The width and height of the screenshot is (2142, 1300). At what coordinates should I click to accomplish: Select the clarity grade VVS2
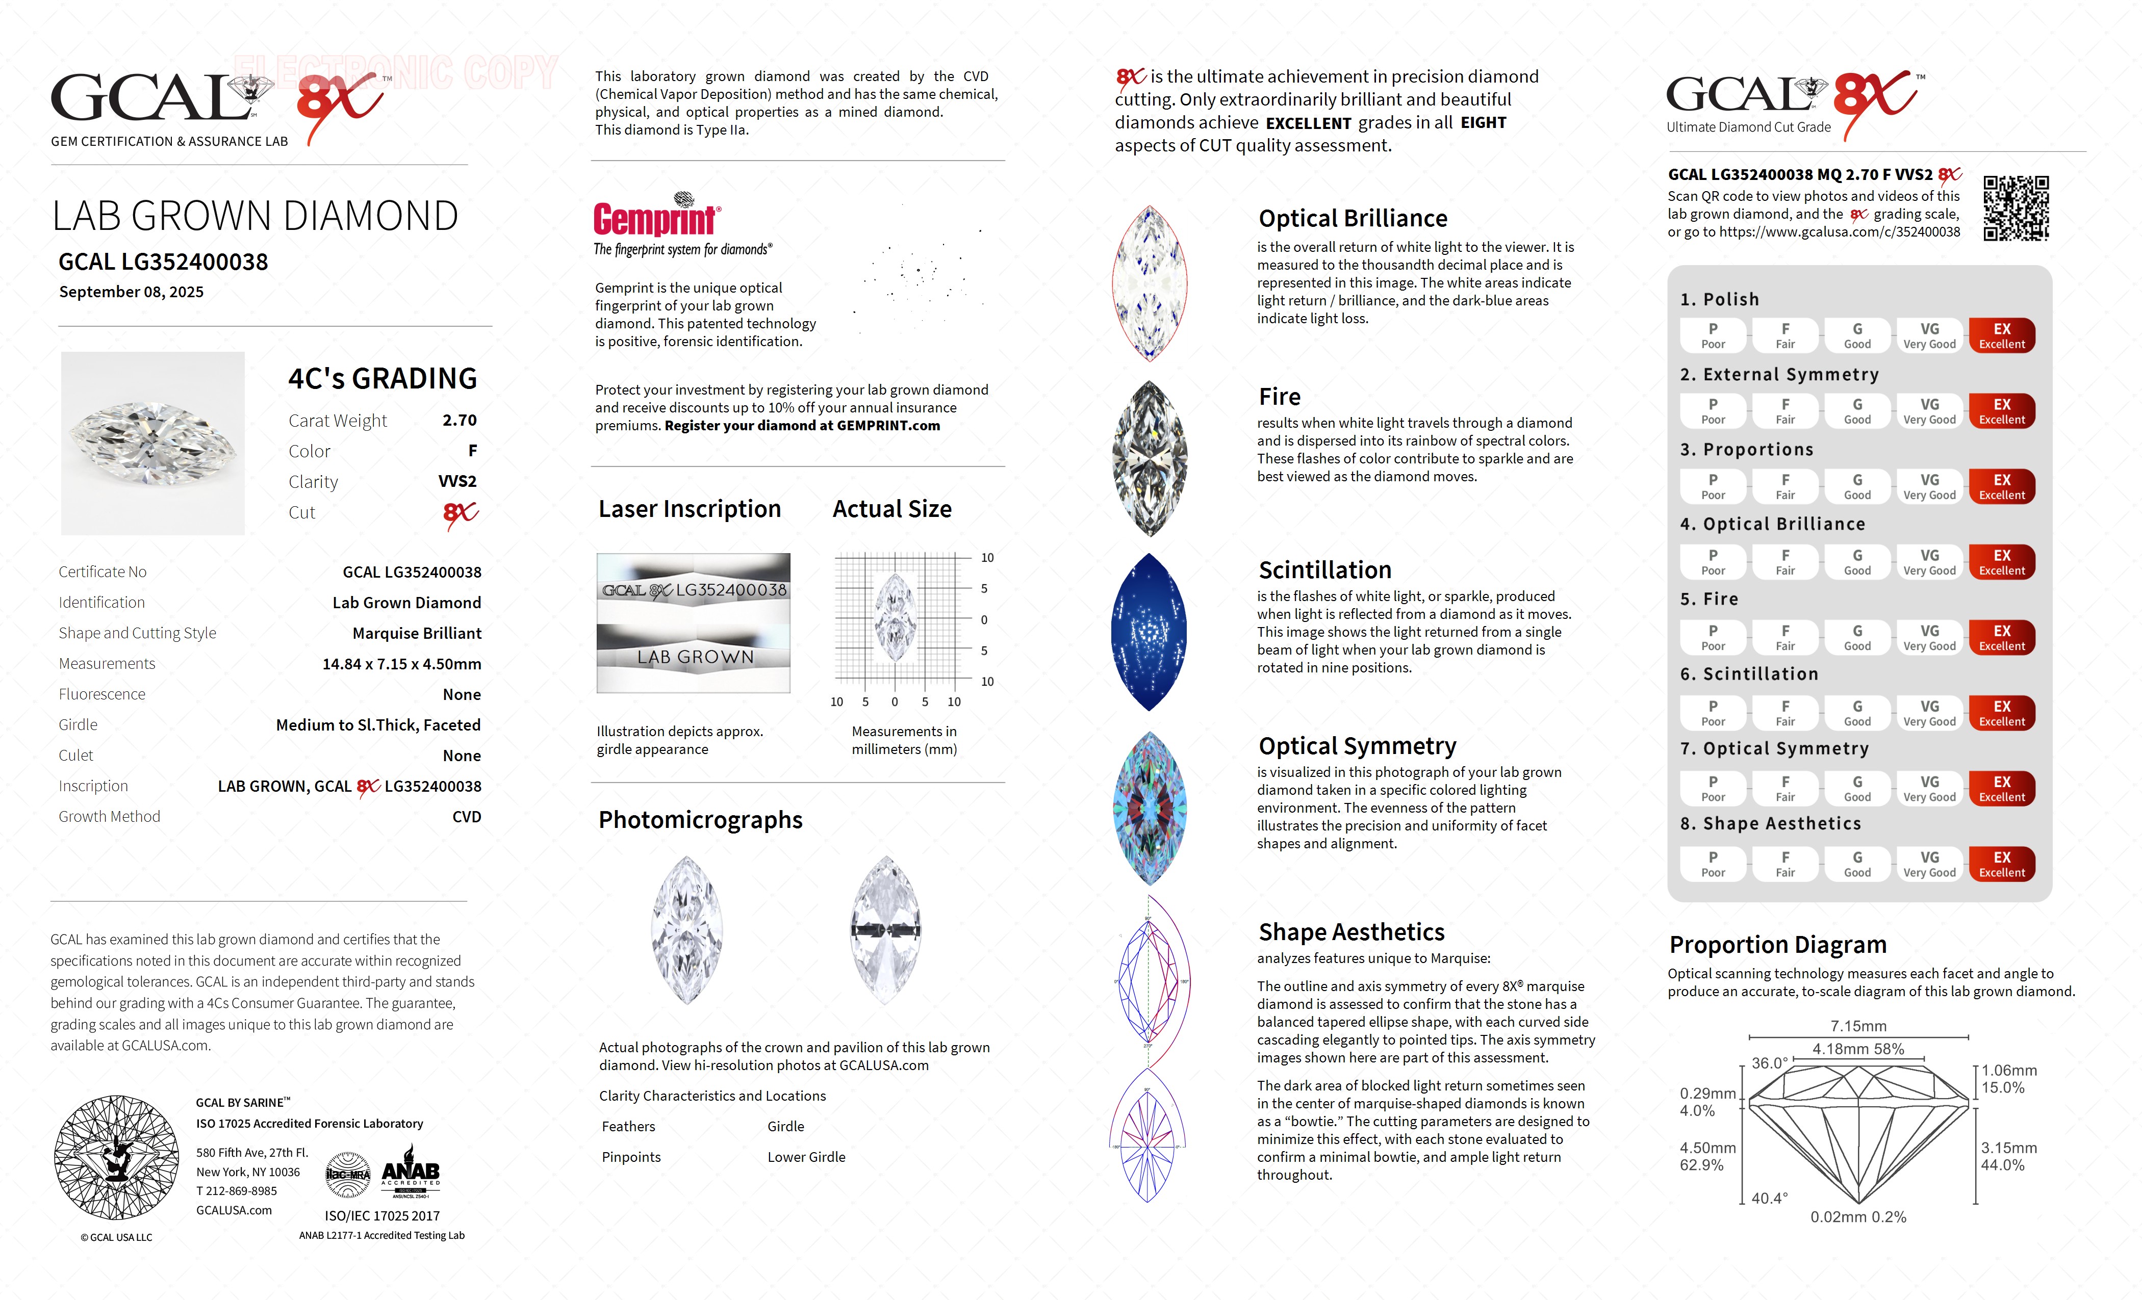[x=457, y=481]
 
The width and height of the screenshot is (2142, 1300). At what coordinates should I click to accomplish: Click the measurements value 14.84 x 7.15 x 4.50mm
[x=402, y=664]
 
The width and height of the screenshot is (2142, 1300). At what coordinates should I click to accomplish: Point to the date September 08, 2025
[x=131, y=292]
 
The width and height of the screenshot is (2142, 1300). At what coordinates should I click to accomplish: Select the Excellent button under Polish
[x=2001, y=335]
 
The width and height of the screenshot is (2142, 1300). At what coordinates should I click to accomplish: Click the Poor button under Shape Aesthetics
[x=1713, y=864]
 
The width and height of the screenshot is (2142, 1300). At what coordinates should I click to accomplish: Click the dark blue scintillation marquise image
[x=1149, y=632]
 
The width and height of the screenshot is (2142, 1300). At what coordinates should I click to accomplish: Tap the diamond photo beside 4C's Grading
[x=153, y=443]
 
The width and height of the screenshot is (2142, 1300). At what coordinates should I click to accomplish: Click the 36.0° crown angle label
[x=1769, y=1063]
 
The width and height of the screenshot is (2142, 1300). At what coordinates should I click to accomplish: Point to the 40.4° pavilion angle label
[x=1769, y=1199]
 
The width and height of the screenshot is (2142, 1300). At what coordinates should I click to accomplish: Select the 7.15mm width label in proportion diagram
[x=1858, y=1026]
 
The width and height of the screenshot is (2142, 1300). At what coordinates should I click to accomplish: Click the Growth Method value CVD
[x=466, y=817]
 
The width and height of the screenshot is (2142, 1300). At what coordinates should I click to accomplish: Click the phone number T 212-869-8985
[x=237, y=1191]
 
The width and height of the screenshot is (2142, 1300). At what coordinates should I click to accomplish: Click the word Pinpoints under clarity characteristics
[x=631, y=1157]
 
